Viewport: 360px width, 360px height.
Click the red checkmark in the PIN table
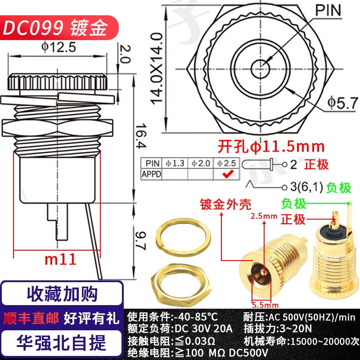228,174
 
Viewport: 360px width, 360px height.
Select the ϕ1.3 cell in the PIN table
175,163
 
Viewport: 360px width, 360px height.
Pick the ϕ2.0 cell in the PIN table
201,163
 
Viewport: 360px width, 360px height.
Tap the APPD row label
151,174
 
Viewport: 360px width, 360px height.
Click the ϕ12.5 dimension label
59,47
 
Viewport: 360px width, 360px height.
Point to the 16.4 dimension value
141,136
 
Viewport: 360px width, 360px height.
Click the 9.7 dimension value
140,241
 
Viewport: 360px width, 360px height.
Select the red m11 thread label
61,260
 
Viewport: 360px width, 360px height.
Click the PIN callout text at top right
328,10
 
